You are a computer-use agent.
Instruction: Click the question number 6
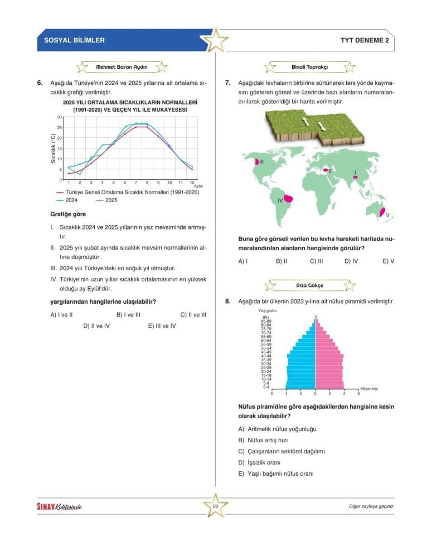click(40, 83)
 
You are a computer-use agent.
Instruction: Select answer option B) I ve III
click(128, 314)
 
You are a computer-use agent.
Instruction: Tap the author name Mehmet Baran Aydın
click(122, 67)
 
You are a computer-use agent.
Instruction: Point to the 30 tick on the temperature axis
click(59, 117)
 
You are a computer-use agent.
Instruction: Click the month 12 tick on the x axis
click(191, 183)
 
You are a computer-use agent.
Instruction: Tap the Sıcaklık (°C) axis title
click(54, 149)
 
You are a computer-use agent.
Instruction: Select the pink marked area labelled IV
click(289, 198)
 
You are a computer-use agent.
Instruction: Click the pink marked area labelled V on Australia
click(382, 211)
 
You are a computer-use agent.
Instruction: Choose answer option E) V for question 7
click(388, 261)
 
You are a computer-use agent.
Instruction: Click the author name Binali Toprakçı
click(309, 67)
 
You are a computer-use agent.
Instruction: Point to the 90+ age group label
click(266, 317)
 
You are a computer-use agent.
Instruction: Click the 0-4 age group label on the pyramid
click(266, 387)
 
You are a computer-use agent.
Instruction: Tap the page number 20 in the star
click(215, 506)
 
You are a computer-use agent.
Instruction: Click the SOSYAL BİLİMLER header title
click(74, 40)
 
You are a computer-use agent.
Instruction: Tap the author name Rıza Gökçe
click(309, 285)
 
